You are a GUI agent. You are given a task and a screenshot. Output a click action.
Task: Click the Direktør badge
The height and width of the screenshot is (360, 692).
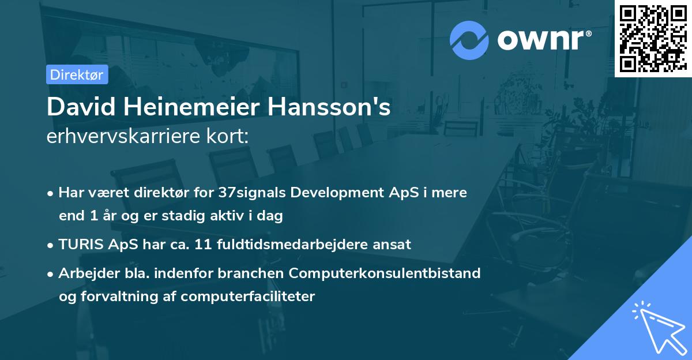(77, 74)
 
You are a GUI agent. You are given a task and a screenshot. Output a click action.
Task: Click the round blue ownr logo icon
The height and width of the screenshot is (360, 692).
(469, 40)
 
